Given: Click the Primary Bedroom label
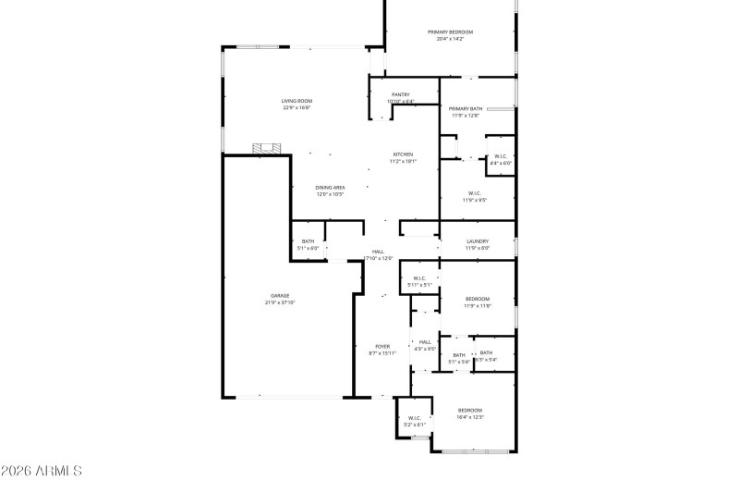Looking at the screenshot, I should [449, 32].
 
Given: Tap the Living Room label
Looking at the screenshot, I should [297, 101].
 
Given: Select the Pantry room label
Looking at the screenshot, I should [400, 94].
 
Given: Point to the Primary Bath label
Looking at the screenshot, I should [466, 109].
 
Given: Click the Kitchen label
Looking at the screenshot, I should [403, 154].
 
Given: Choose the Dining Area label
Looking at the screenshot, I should [330, 188].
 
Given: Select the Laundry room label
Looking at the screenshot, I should [477, 241].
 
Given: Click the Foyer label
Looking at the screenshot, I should [382, 347].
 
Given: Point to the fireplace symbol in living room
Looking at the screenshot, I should [270, 147].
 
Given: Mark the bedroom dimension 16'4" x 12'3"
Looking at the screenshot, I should [469, 417].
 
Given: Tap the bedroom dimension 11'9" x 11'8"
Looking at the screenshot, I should [477, 306].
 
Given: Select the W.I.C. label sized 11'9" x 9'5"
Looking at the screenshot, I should [474, 193].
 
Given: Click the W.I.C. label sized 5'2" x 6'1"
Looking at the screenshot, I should [415, 417].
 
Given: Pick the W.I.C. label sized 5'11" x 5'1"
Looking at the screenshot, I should [419, 278].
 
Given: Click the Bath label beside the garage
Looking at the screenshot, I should [308, 241].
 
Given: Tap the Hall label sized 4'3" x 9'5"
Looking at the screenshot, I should [425, 342].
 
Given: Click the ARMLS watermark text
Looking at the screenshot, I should [42, 471].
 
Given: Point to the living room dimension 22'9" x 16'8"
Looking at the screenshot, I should [297, 107].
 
